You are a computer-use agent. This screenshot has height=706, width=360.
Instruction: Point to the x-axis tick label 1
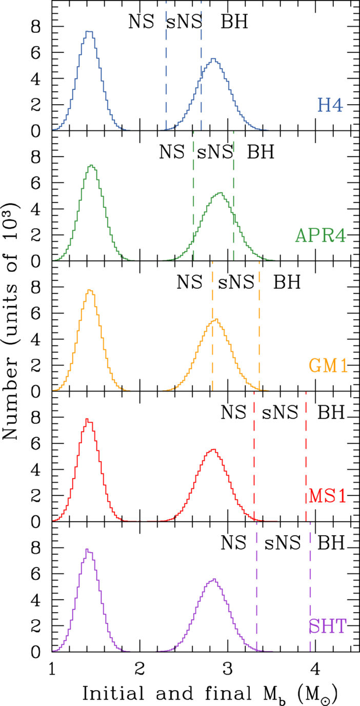click(52, 668)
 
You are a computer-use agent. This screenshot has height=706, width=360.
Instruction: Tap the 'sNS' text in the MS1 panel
click(280, 413)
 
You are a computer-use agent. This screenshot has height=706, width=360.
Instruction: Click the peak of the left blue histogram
click(89, 31)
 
